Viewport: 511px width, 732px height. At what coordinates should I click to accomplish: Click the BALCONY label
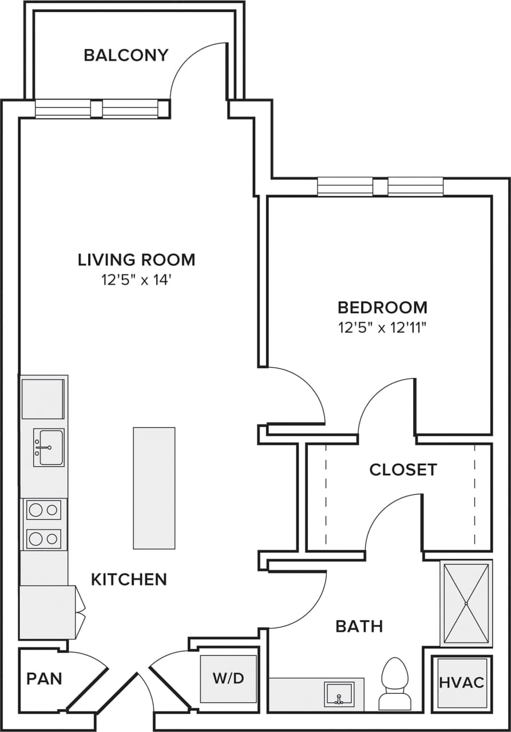(126, 55)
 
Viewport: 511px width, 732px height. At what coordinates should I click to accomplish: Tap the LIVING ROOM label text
(137, 260)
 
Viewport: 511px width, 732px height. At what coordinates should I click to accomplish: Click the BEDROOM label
(382, 308)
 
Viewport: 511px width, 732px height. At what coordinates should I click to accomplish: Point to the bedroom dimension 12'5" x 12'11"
(382, 328)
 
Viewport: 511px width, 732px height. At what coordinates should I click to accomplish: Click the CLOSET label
(403, 470)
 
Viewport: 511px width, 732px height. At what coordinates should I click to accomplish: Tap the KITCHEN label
(129, 579)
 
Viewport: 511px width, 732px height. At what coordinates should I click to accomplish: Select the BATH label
(359, 626)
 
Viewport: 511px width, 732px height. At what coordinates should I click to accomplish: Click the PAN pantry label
(44, 679)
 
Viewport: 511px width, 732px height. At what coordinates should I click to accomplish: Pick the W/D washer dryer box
(228, 679)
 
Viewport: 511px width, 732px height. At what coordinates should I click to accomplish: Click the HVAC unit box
(461, 682)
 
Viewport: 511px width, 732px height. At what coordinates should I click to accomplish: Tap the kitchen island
(154, 488)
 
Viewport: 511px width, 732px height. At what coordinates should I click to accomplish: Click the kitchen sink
(49, 447)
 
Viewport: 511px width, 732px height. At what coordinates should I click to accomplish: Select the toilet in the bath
(395, 683)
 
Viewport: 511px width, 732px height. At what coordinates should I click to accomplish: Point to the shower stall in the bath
(466, 603)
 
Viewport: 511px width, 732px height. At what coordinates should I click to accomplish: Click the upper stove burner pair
(44, 509)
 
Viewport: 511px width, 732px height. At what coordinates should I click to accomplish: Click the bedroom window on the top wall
(381, 187)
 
